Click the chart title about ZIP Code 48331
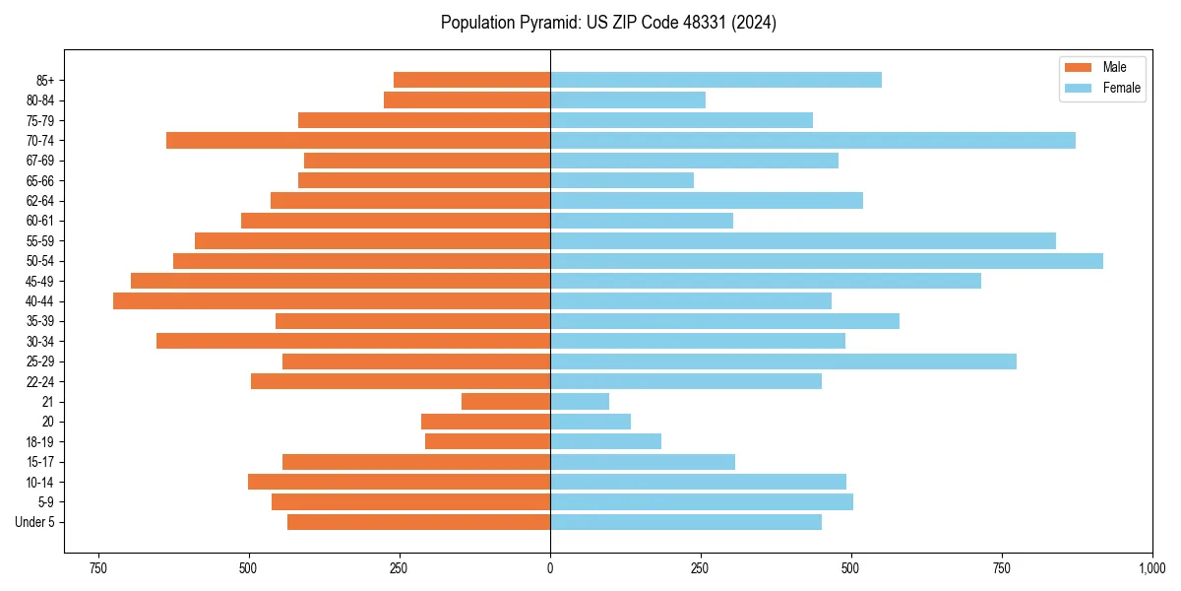608,23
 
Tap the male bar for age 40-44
332,301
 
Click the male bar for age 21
506,402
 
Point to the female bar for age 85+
715,80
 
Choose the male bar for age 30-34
353,341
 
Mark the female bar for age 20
590,422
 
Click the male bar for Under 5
418,522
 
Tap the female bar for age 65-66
622,180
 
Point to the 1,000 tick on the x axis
1152,568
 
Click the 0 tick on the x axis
550,568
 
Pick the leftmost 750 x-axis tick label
97,568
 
